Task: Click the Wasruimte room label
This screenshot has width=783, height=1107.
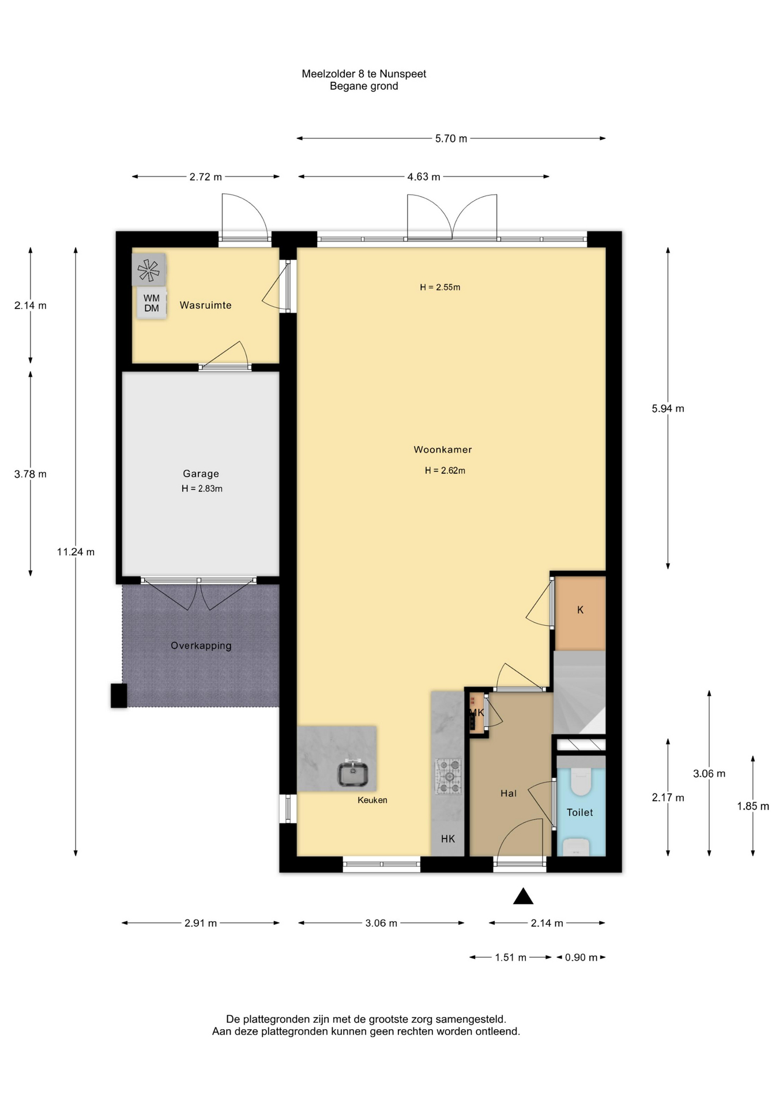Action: coord(205,305)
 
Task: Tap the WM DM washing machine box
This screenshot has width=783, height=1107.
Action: coord(152,303)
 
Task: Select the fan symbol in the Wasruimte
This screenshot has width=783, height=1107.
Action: coord(149,270)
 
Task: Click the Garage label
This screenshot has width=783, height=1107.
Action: coord(201,473)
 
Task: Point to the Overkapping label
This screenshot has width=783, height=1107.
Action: coord(201,646)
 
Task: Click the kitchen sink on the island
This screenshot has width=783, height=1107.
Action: coord(353,774)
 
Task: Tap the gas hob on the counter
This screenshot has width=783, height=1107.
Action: coord(448,776)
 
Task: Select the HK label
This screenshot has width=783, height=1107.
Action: coord(448,839)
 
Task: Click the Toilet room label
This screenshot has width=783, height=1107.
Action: coord(579,812)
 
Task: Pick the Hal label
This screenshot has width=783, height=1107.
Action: coord(509,793)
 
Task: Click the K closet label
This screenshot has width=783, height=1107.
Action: coord(581,610)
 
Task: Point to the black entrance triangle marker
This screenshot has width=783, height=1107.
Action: coord(523,896)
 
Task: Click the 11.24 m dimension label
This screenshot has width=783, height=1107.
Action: coord(76,552)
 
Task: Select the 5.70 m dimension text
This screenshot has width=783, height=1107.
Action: coord(451,138)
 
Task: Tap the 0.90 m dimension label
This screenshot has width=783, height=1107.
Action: coord(581,957)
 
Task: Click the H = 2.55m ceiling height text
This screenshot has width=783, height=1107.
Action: coord(440,287)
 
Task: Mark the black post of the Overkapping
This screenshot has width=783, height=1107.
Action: coord(119,695)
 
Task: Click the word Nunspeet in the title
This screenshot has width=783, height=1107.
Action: coord(403,74)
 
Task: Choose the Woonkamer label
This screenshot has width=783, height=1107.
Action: coord(443,450)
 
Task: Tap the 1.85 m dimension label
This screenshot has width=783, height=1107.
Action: coord(753,806)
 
